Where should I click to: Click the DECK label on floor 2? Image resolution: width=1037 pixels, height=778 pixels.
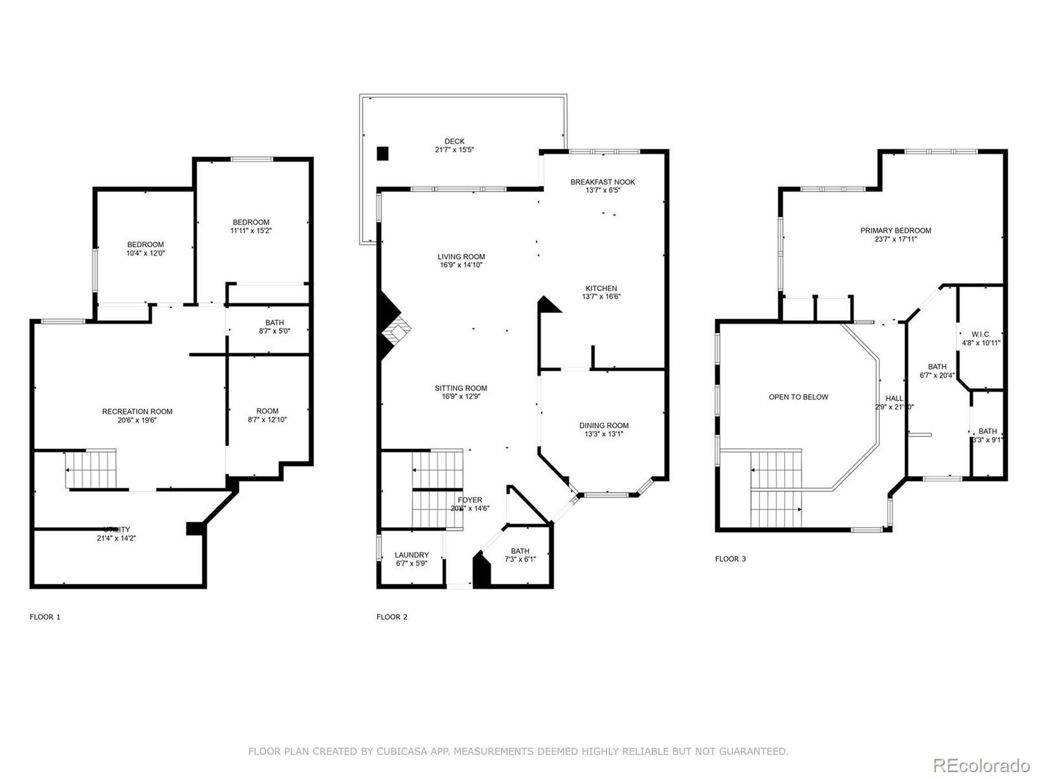tap(454, 141)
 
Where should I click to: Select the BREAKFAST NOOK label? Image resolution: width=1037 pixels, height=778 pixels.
tap(602, 182)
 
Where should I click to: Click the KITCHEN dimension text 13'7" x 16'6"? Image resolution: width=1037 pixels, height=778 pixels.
tap(601, 296)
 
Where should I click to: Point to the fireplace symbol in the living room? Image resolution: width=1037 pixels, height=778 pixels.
tap(395, 331)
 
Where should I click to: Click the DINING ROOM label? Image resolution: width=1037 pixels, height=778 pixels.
tap(604, 425)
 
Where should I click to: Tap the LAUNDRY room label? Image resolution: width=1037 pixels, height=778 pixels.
tap(411, 555)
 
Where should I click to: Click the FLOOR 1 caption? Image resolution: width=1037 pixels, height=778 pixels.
tap(45, 617)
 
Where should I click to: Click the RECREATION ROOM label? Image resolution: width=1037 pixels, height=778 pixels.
tap(137, 411)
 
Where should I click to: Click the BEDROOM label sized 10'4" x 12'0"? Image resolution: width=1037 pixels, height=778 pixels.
tap(145, 244)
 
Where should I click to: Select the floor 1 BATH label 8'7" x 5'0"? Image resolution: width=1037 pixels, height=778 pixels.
tap(274, 323)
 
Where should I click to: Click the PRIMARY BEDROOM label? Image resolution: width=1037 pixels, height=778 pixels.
tap(895, 230)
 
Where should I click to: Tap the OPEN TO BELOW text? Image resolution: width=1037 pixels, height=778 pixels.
tap(798, 397)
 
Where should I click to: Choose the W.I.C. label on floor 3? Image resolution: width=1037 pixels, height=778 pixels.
tap(981, 334)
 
